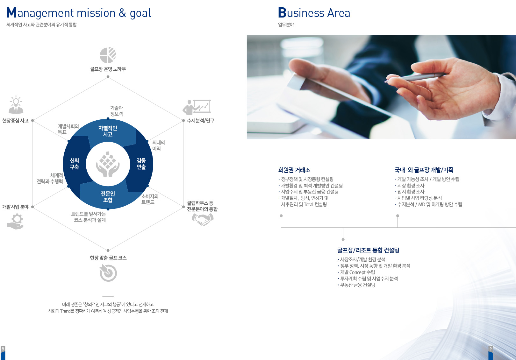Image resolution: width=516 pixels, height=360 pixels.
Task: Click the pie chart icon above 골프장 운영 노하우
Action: [108, 55]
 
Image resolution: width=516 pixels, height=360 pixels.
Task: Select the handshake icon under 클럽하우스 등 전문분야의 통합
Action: [203, 219]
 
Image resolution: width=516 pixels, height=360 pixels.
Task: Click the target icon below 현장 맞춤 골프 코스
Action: [108, 273]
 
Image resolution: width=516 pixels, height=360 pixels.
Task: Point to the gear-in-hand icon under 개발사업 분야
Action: [15, 222]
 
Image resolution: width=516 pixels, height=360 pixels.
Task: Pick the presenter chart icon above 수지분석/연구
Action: [197, 107]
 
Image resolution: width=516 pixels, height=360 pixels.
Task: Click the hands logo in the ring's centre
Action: [108, 164]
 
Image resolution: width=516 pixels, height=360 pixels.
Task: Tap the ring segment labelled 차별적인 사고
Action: [108, 131]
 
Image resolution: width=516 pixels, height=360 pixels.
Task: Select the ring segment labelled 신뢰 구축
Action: [75, 164]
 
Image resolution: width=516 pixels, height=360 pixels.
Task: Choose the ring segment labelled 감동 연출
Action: [141, 164]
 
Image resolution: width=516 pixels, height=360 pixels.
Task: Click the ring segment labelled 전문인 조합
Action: [108, 197]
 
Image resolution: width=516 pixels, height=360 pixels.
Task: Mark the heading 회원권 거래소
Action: [294, 170]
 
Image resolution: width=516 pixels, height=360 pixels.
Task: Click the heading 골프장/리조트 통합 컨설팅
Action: [368, 250]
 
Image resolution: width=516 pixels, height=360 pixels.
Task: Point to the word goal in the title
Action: [140, 13]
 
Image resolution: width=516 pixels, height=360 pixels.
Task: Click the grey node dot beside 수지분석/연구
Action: [183, 120]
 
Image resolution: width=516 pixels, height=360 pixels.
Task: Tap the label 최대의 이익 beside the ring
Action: [159, 145]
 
